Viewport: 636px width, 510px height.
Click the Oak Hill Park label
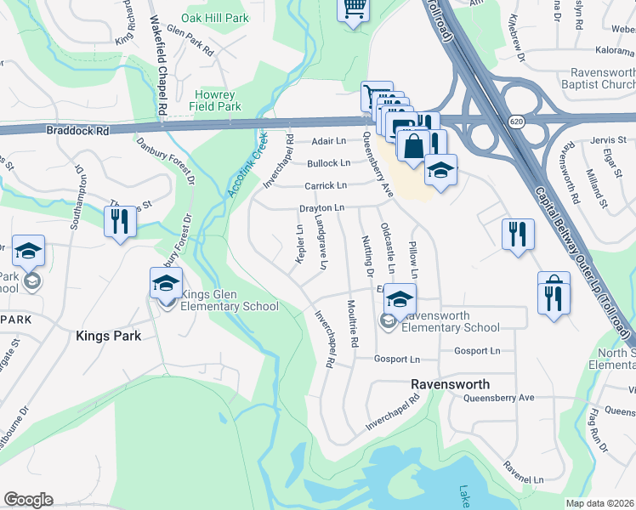(x=214, y=17)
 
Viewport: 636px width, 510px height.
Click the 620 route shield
(x=516, y=122)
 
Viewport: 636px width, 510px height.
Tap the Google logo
(x=28, y=500)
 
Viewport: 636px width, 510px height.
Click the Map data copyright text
(x=600, y=503)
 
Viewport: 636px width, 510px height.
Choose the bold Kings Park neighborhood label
(x=108, y=336)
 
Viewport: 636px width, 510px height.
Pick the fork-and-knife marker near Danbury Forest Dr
(x=119, y=222)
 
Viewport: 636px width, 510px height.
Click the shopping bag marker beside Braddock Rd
(x=412, y=145)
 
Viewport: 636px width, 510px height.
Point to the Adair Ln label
(x=329, y=140)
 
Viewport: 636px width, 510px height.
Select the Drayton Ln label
(x=321, y=207)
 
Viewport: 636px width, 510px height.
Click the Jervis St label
(x=608, y=139)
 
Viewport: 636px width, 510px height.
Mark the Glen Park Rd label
(x=190, y=40)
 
